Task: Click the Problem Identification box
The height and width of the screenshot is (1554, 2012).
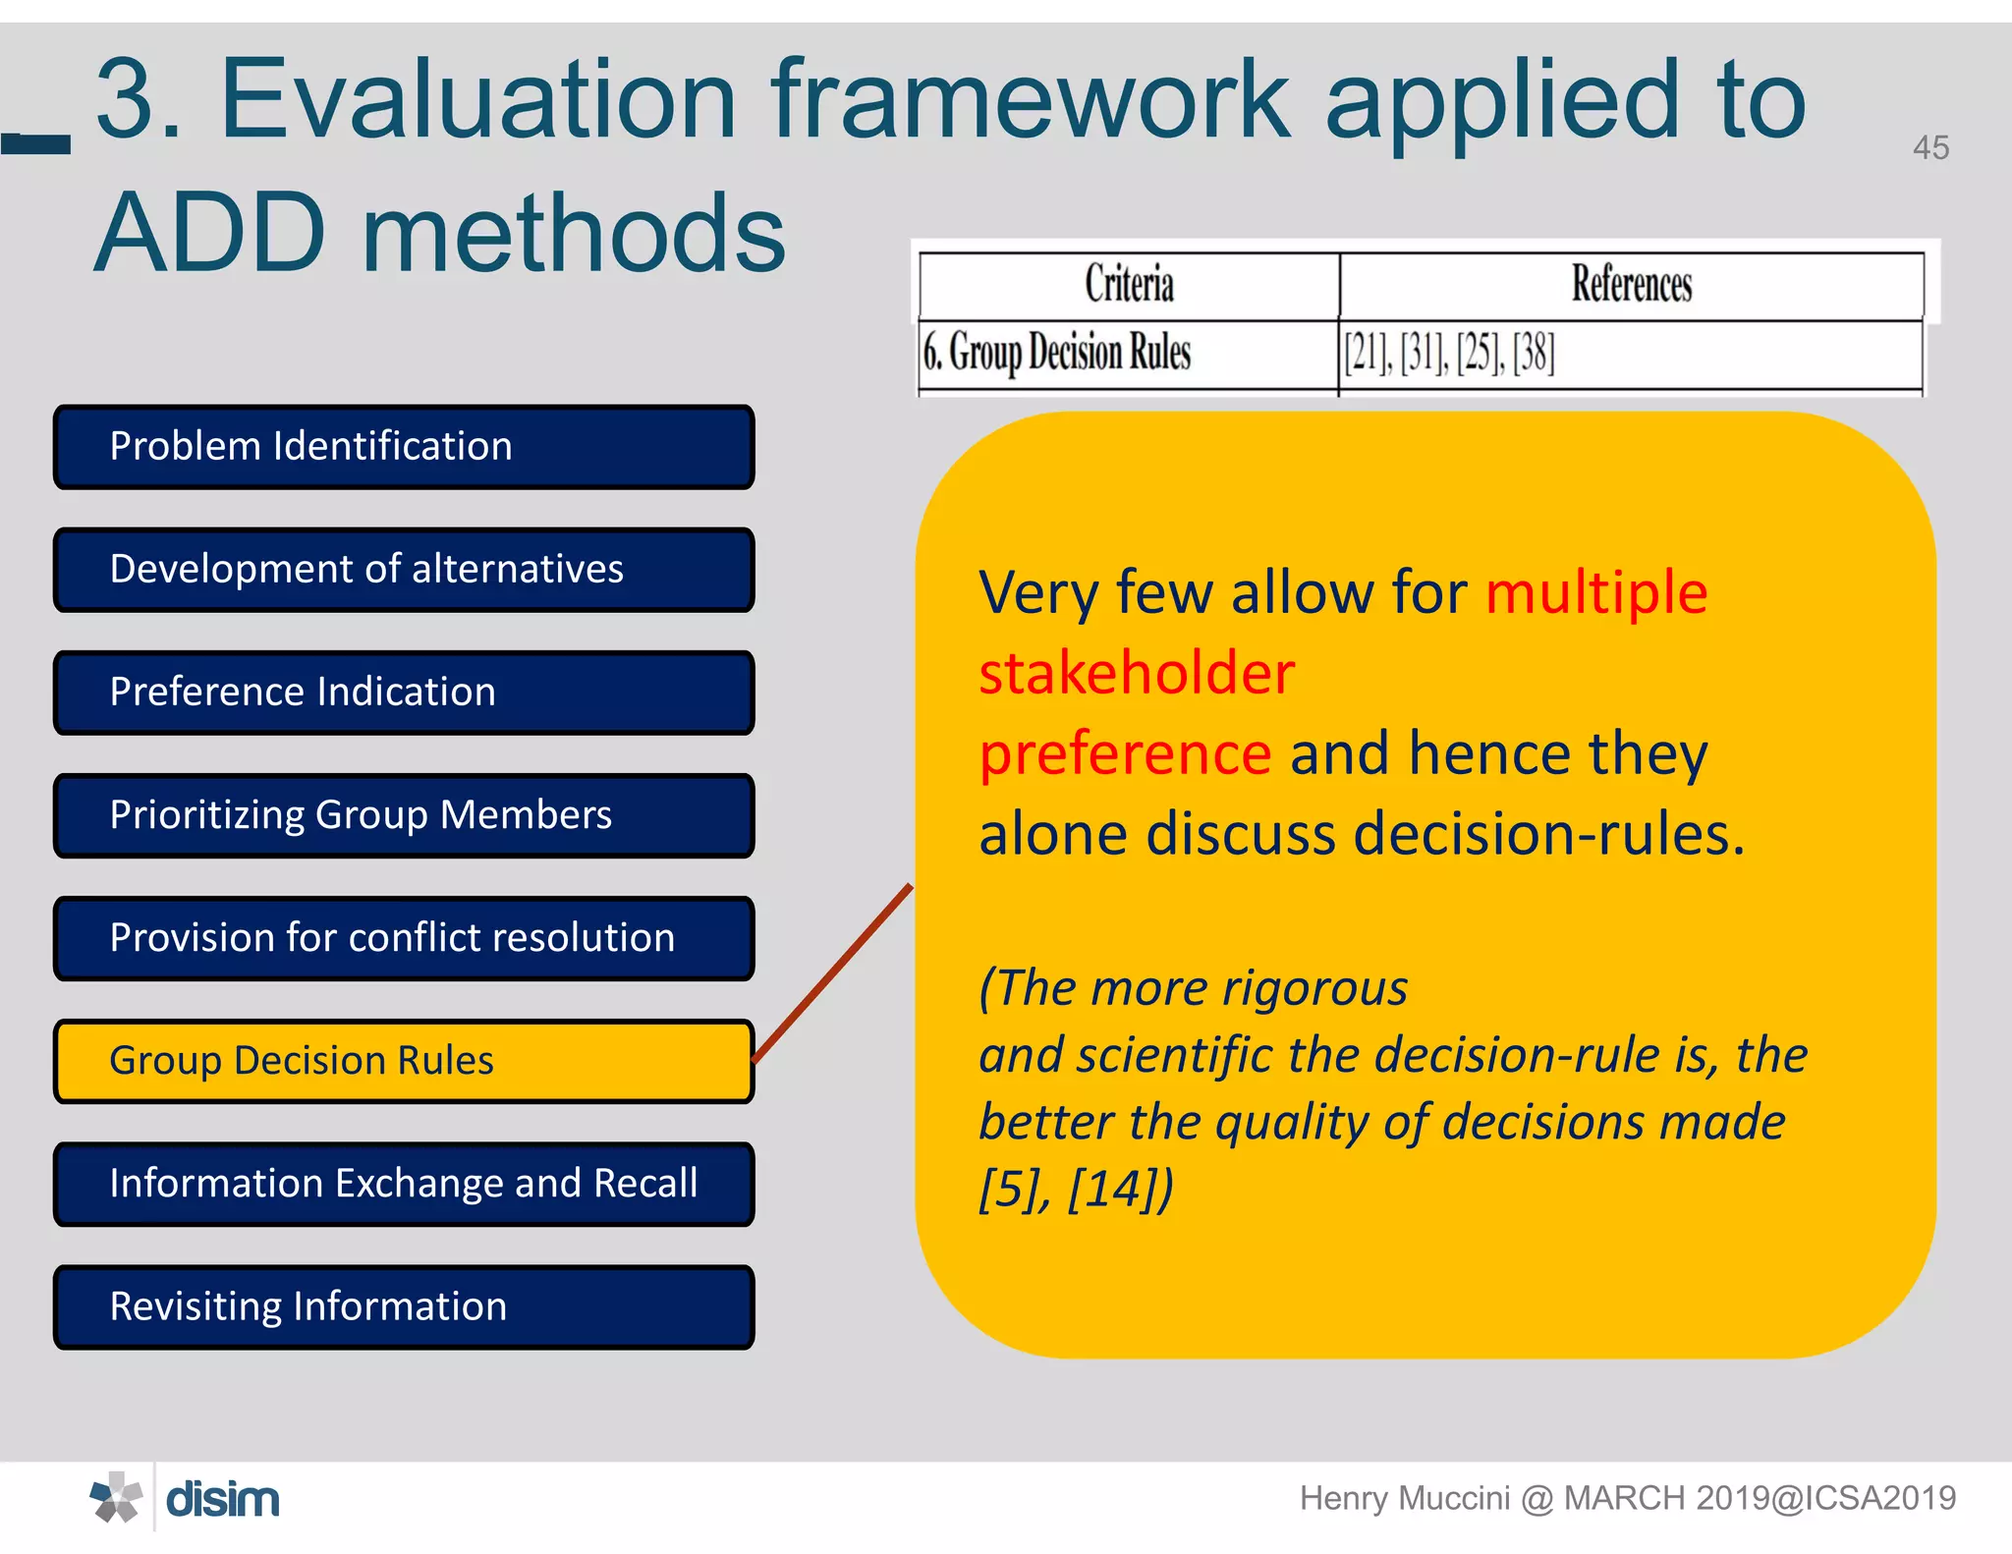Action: point(404,447)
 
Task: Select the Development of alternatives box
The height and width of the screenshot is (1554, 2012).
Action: point(404,570)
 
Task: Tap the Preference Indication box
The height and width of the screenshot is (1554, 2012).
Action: point(404,693)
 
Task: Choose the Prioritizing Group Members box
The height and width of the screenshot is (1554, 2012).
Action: point(404,815)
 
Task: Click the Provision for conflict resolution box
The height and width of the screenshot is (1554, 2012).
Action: point(404,938)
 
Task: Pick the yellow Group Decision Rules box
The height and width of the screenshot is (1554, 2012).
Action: point(404,1061)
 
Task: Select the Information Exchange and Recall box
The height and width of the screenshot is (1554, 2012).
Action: point(404,1184)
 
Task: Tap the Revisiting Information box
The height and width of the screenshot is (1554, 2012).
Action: point(404,1306)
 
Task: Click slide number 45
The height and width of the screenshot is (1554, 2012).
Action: point(1929,148)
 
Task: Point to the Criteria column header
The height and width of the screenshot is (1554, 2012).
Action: point(1129,284)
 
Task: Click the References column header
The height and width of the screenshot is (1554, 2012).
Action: point(1631,284)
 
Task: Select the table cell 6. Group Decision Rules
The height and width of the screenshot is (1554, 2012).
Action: point(1057,353)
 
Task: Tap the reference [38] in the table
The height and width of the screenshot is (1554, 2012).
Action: point(1534,353)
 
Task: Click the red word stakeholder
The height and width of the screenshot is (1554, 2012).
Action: point(1137,674)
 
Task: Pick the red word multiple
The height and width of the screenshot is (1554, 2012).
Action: point(1596,593)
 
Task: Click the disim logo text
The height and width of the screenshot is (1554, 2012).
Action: point(223,1499)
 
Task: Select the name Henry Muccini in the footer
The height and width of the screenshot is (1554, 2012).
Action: point(1404,1498)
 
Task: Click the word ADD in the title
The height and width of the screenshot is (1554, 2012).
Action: point(210,234)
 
